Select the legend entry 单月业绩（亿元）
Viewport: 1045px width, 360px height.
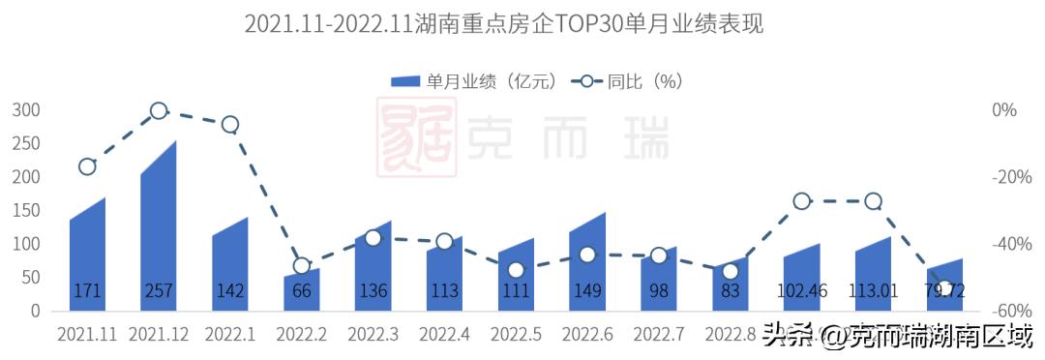(x=474, y=81)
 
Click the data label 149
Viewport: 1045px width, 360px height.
(x=587, y=290)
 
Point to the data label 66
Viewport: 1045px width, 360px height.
(x=302, y=290)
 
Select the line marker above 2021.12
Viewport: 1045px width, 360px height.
(x=159, y=111)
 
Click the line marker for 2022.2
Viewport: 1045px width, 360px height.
(x=302, y=265)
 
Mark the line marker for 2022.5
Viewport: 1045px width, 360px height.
(x=516, y=270)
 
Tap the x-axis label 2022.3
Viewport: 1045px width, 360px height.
(x=373, y=335)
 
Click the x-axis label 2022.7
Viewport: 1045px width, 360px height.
(x=659, y=335)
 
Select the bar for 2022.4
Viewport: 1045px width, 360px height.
(x=444, y=276)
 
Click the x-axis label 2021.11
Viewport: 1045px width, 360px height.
(x=87, y=335)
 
